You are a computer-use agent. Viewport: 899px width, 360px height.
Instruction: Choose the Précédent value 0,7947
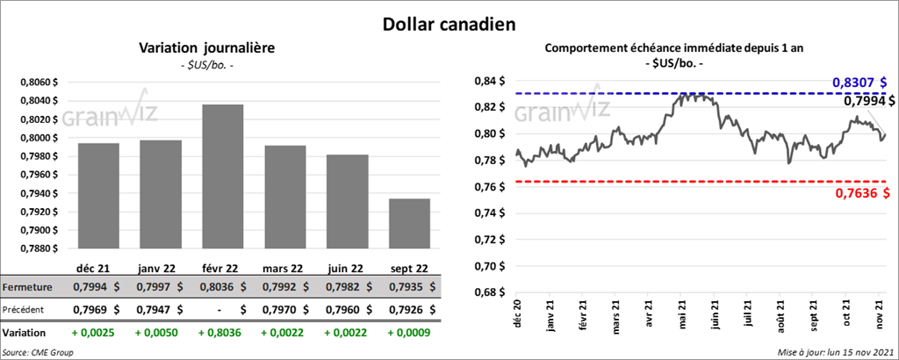coord(159,309)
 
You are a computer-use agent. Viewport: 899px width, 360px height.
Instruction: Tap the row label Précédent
coord(26,309)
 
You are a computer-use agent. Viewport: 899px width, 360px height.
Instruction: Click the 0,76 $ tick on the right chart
coord(490,187)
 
